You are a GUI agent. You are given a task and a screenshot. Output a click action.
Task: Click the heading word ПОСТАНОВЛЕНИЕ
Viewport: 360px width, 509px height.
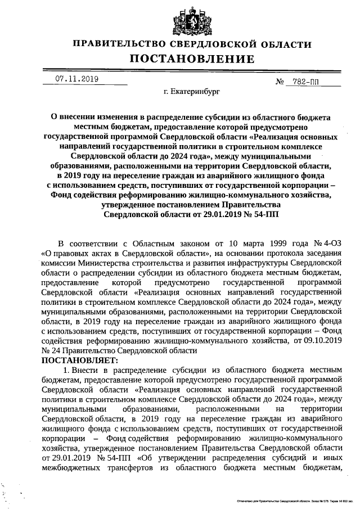pos(192,59)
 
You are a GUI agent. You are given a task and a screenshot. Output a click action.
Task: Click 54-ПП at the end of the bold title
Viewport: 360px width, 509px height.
pos(266,214)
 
